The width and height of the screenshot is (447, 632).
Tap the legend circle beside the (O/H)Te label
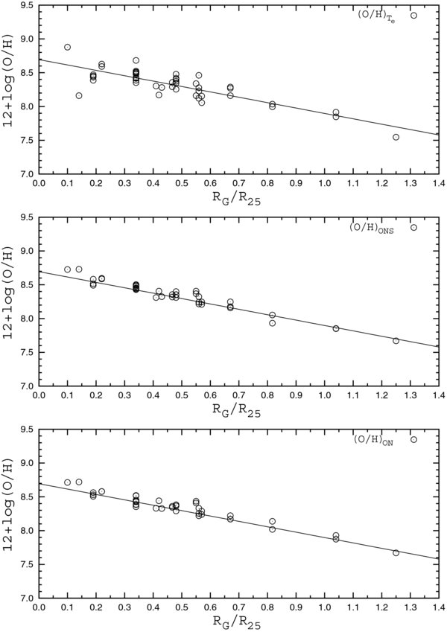tap(413, 15)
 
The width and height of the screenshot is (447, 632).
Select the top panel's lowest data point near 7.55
tap(396, 137)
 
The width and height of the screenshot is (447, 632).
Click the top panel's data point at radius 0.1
tap(67, 47)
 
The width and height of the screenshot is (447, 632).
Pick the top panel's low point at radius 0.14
tap(79, 95)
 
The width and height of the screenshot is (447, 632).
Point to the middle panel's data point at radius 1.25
tap(396, 341)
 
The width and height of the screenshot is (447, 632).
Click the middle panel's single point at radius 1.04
tap(336, 328)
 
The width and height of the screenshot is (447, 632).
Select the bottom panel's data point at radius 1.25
tap(396, 552)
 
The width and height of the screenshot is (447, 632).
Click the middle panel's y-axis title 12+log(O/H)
tap(9, 301)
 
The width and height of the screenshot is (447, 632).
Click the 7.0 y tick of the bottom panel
tap(25, 598)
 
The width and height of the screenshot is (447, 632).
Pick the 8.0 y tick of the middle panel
tap(25, 319)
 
